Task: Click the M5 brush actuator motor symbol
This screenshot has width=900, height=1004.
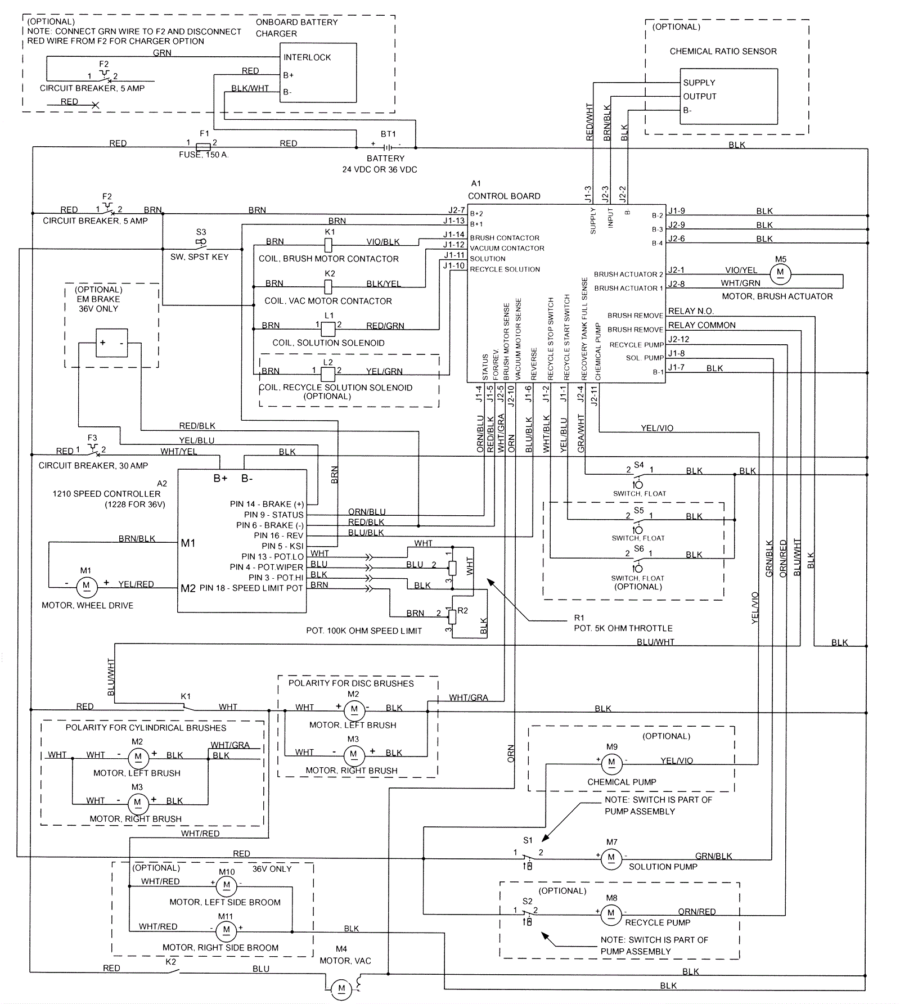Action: (780, 273)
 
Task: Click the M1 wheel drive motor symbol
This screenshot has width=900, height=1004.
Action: (86, 586)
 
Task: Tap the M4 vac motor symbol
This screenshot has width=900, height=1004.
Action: (341, 988)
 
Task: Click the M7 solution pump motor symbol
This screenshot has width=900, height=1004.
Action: (611, 858)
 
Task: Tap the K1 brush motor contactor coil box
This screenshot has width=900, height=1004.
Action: (329, 245)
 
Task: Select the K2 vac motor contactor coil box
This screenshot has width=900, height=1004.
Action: (329, 286)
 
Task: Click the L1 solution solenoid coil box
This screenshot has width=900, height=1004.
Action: (328, 328)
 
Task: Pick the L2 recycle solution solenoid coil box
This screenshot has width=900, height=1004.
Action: (327, 374)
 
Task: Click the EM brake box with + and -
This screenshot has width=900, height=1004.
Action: (111, 343)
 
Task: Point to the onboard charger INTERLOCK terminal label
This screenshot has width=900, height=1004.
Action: (307, 57)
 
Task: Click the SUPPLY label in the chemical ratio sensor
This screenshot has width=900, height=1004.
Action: (699, 83)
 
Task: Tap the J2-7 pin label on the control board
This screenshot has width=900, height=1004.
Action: (456, 210)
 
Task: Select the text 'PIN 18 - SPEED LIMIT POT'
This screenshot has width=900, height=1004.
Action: (251, 588)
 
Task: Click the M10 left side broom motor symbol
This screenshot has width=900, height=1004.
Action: (227, 885)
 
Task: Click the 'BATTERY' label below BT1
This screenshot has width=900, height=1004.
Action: (385, 159)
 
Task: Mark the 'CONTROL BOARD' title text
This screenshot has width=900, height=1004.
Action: (504, 196)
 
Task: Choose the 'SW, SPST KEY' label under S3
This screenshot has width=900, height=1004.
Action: (199, 257)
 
